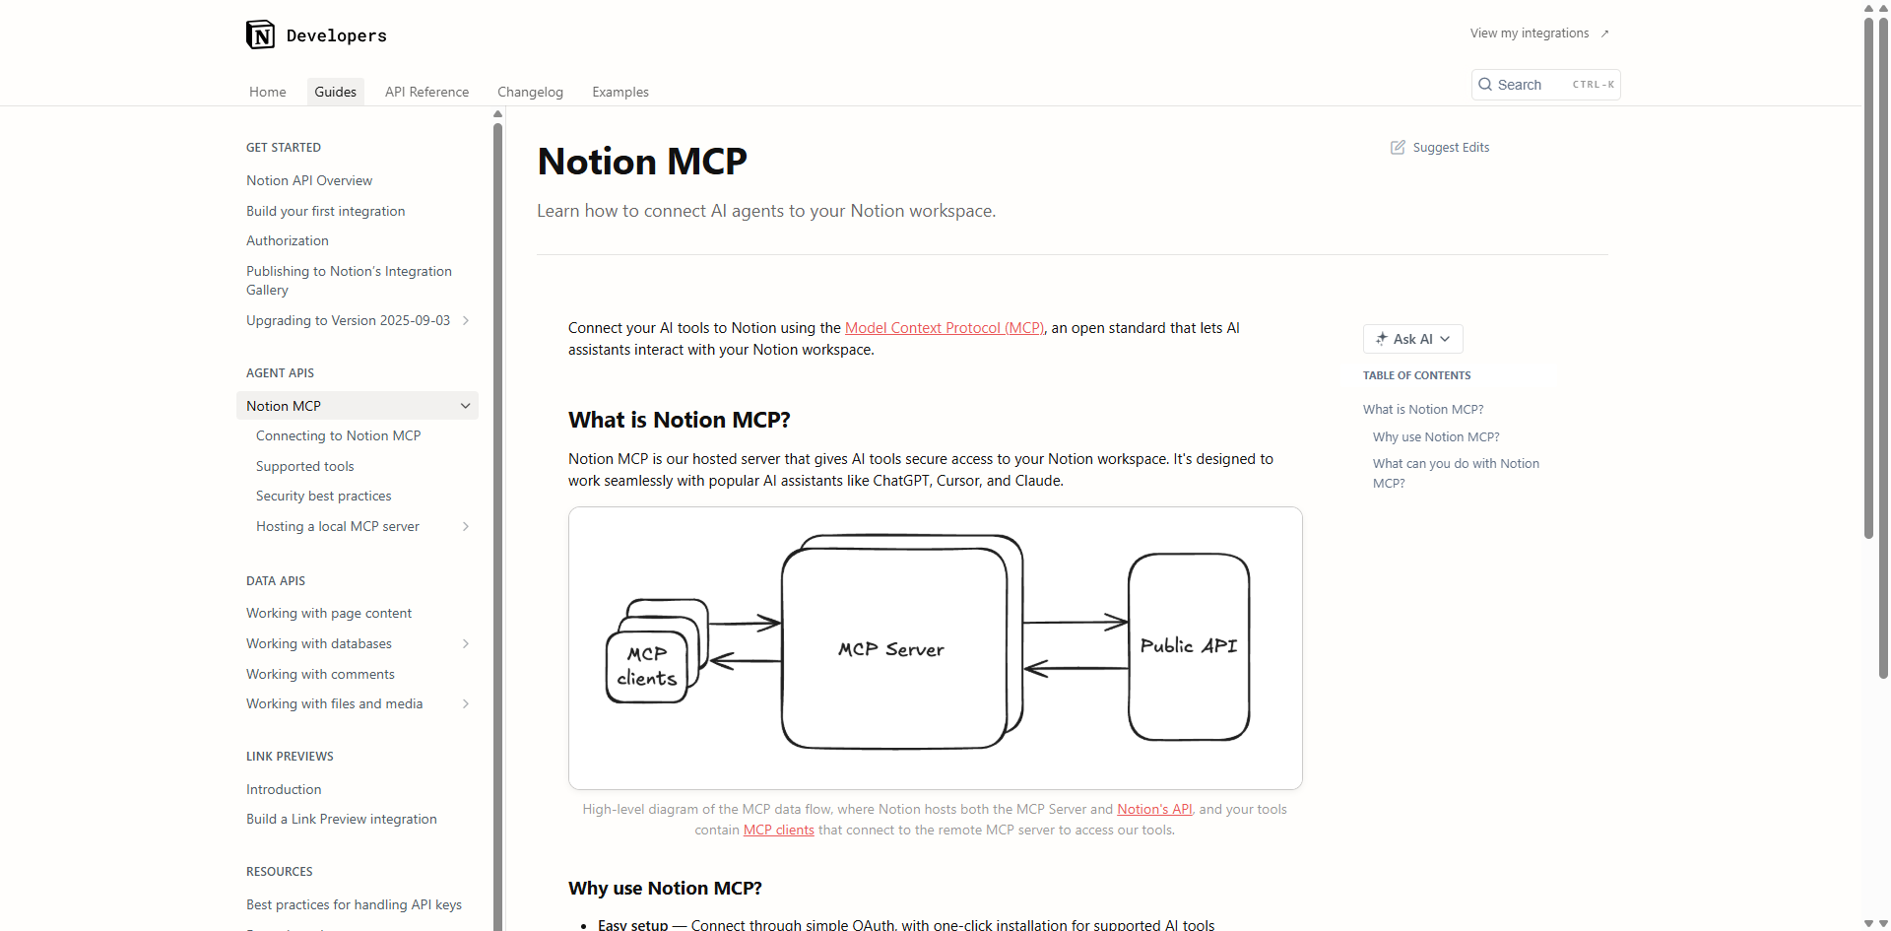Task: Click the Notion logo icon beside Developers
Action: [x=260, y=34]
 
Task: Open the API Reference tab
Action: [x=426, y=92]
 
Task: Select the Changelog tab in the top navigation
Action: [x=530, y=92]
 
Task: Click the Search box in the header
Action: [x=1544, y=85]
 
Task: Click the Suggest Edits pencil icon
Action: [x=1398, y=148]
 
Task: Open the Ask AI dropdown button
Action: [x=1412, y=339]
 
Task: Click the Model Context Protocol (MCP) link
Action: [x=944, y=328]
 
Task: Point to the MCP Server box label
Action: [x=890, y=649]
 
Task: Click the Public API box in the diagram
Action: [x=1188, y=646]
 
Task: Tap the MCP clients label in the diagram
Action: [x=647, y=667]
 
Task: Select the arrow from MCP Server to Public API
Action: [x=1076, y=622]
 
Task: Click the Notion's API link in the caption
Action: [x=1154, y=809]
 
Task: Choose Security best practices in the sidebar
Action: [x=323, y=496]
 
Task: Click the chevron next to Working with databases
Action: [x=466, y=643]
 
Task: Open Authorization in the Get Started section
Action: [x=288, y=240]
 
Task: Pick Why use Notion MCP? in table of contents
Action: [x=1436, y=436]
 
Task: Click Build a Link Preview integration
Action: [x=341, y=819]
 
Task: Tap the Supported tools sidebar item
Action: [x=304, y=466]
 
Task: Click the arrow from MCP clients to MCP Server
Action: [x=745, y=623]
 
